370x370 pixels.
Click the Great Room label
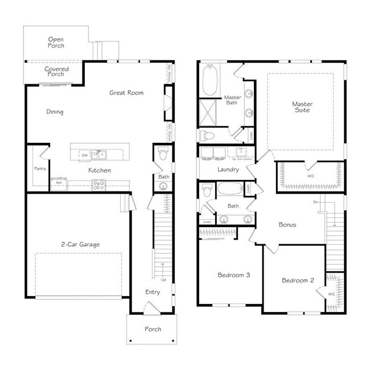126,93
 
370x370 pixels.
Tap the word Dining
55,112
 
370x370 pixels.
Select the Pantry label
40,168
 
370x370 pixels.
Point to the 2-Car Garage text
80,244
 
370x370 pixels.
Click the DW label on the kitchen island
84,155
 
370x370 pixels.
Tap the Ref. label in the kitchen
57,183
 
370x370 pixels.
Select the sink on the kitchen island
100,154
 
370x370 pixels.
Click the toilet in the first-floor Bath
162,155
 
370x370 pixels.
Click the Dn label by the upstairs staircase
316,202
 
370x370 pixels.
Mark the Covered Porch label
57,72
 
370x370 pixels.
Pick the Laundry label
228,170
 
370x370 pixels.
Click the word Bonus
287,224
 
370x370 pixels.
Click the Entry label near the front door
153,292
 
